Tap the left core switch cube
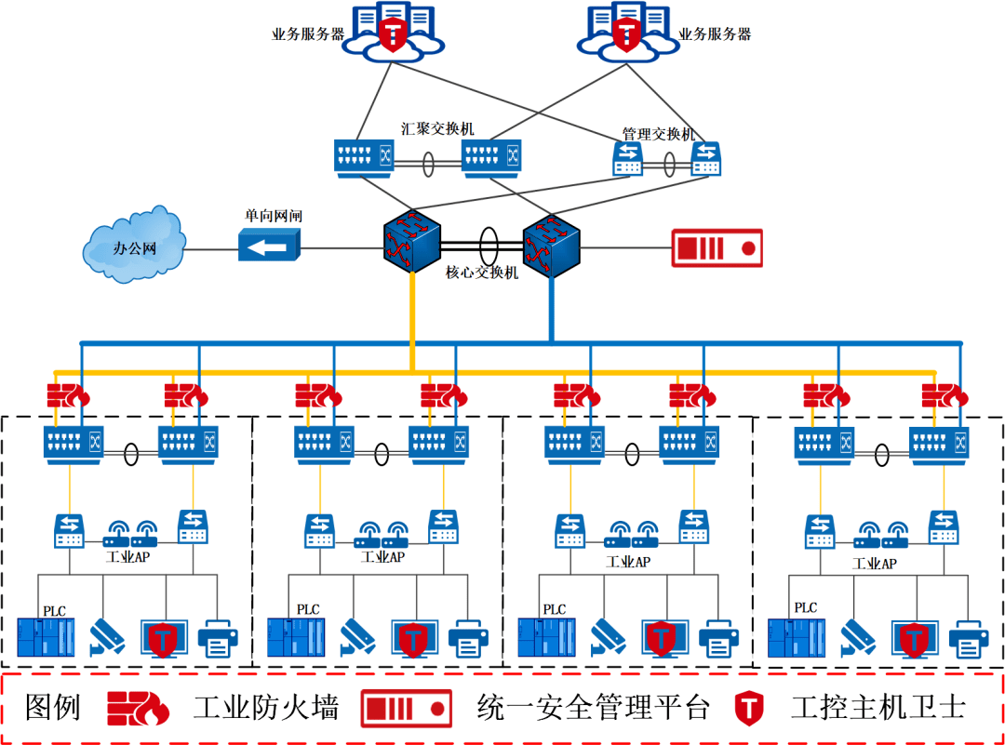click(411, 241)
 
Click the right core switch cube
click(552, 242)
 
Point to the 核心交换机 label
click(481, 273)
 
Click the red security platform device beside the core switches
click(717, 248)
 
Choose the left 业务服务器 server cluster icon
click(392, 33)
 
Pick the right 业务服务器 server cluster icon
click(628, 33)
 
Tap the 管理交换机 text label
click(659, 134)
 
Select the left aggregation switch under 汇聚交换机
click(364, 156)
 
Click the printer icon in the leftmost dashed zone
click(218, 639)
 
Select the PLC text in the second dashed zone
click(307, 609)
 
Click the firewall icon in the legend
click(137, 709)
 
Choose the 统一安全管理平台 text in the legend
click(593, 709)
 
